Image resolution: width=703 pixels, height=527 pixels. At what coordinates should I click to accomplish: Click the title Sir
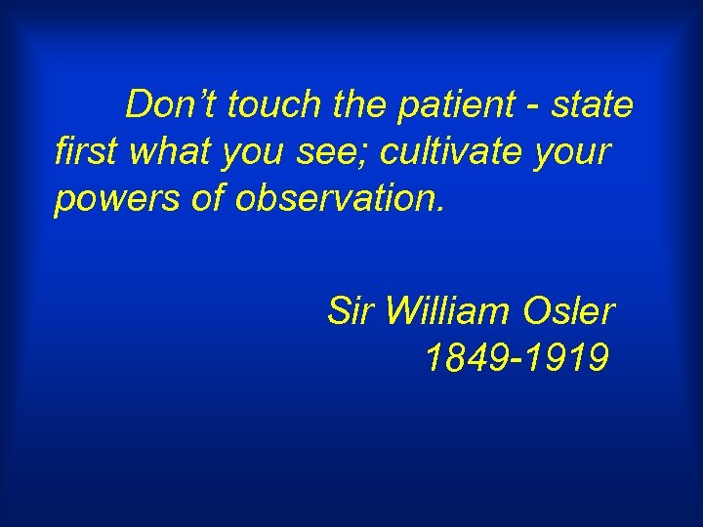(x=351, y=311)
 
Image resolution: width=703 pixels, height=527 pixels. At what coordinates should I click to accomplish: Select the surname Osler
(x=569, y=311)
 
